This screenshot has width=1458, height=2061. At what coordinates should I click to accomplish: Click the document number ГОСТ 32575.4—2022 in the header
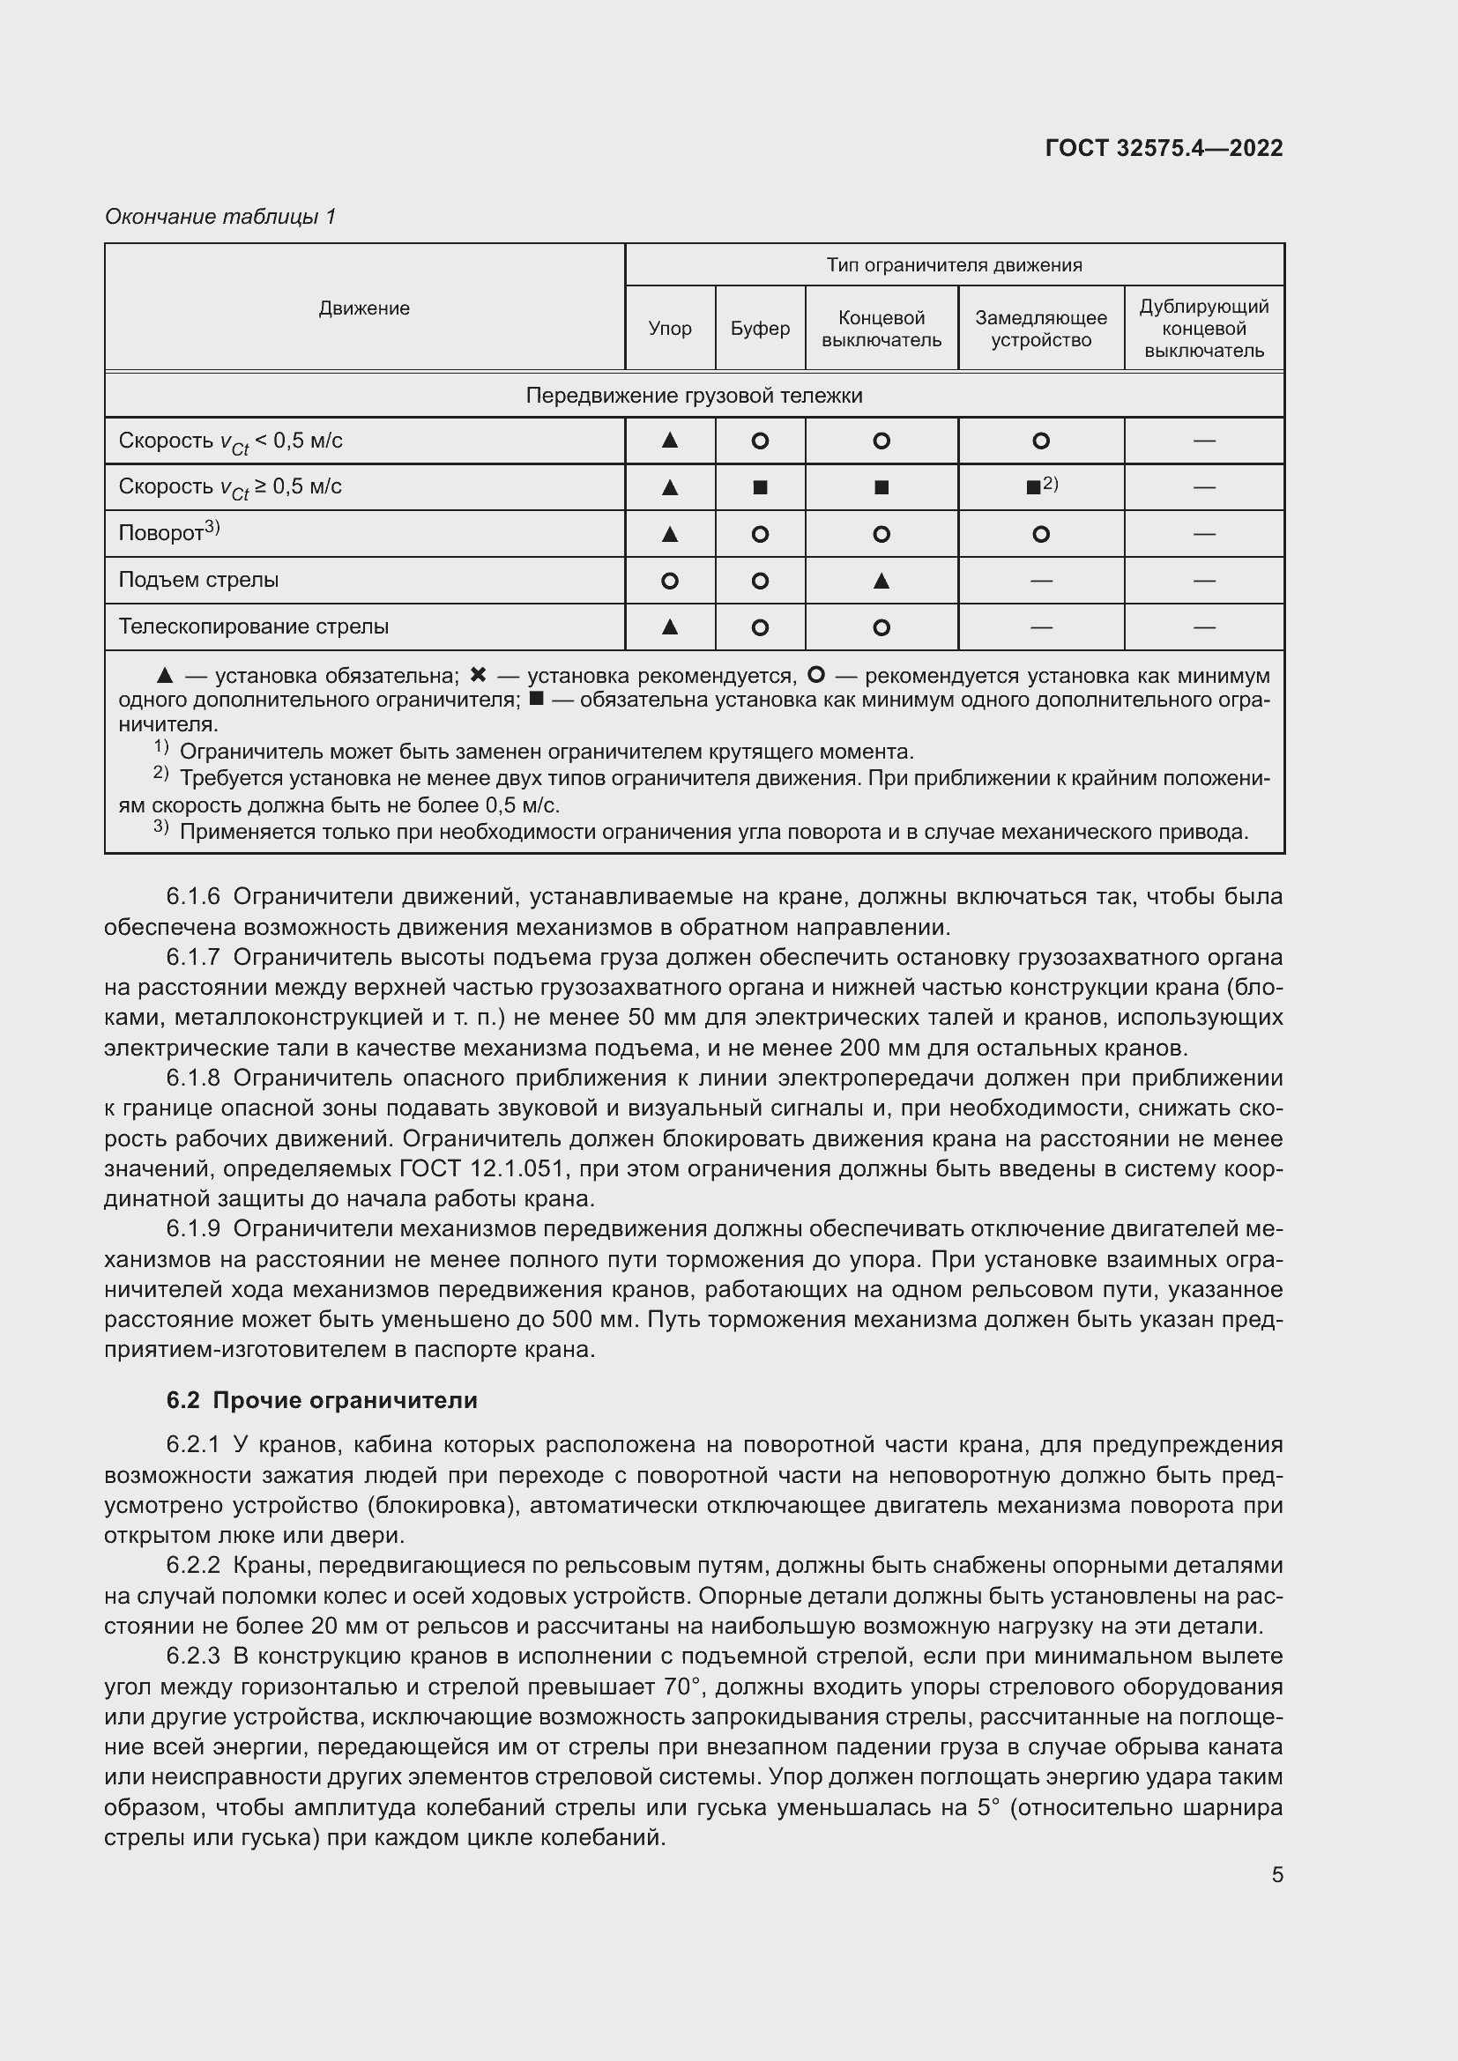(x=1164, y=148)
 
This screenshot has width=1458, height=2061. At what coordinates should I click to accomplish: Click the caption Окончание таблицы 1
(x=220, y=217)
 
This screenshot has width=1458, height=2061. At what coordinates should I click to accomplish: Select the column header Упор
(x=670, y=329)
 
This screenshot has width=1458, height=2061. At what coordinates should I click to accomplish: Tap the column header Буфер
(x=760, y=329)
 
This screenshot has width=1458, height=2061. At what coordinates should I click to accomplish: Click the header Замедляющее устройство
(x=1040, y=329)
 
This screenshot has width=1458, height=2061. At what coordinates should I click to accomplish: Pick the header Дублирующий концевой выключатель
(x=1203, y=329)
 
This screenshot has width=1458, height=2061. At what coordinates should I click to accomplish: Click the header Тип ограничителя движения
(x=954, y=265)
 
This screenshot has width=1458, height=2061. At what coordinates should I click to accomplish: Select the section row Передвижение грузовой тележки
(x=693, y=396)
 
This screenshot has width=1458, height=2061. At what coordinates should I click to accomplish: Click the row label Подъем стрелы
(x=198, y=580)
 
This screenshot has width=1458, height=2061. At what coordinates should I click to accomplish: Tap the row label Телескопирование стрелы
(x=253, y=626)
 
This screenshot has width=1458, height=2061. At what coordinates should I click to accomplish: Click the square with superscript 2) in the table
(x=1034, y=487)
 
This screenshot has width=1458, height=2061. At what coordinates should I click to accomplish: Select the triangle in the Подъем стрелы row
(x=881, y=581)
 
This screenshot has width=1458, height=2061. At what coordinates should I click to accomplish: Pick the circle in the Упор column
(x=669, y=581)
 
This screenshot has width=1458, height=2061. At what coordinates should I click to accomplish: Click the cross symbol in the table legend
(x=479, y=675)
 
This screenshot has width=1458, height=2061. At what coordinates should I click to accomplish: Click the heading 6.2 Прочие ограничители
(x=322, y=1400)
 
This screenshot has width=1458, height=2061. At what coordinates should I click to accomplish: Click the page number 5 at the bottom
(x=1276, y=1875)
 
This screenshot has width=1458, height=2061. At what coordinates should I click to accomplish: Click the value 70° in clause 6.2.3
(x=681, y=1687)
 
